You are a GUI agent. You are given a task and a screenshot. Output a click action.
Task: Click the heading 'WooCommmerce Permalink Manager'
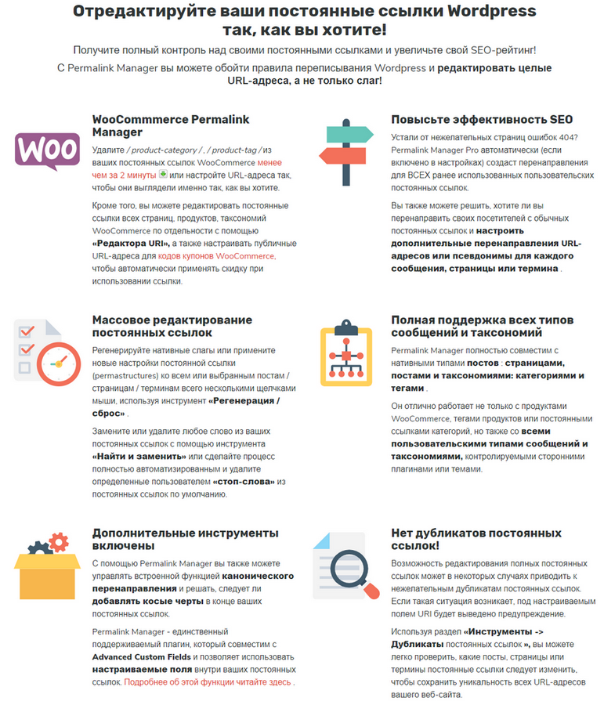coord(171,126)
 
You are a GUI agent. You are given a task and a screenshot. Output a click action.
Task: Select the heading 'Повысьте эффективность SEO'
coord(482,120)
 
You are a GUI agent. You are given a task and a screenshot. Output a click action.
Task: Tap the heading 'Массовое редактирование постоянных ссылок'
coord(172,327)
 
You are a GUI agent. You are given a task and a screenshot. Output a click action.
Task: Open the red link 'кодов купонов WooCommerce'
coord(217,256)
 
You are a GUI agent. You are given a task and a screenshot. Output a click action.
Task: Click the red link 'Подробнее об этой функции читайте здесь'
coord(209,682)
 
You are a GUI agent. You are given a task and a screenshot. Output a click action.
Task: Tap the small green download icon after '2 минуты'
coord(163,174)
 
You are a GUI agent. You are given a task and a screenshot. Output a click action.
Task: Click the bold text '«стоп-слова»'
coord(244,481)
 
